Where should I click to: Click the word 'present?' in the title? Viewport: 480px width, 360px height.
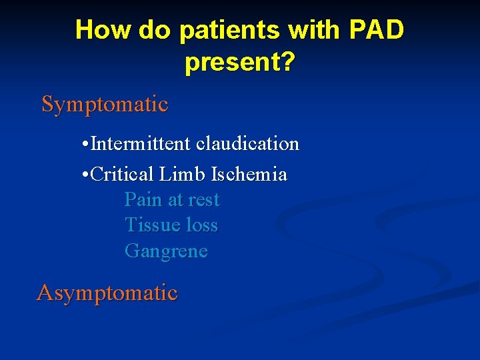tap(240, 63)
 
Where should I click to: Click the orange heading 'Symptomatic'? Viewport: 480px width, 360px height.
tap(105, 105)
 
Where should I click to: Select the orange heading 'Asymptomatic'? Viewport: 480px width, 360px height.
tap(107, 293)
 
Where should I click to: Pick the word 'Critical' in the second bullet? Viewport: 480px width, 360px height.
tap(123, 175)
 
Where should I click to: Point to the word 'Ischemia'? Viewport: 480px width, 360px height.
tap(249, 175)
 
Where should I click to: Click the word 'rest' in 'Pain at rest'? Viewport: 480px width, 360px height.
tap(203, 200)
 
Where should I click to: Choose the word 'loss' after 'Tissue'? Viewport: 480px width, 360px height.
tap(201, 225)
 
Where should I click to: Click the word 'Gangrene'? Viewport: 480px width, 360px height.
tap(166, 251)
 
